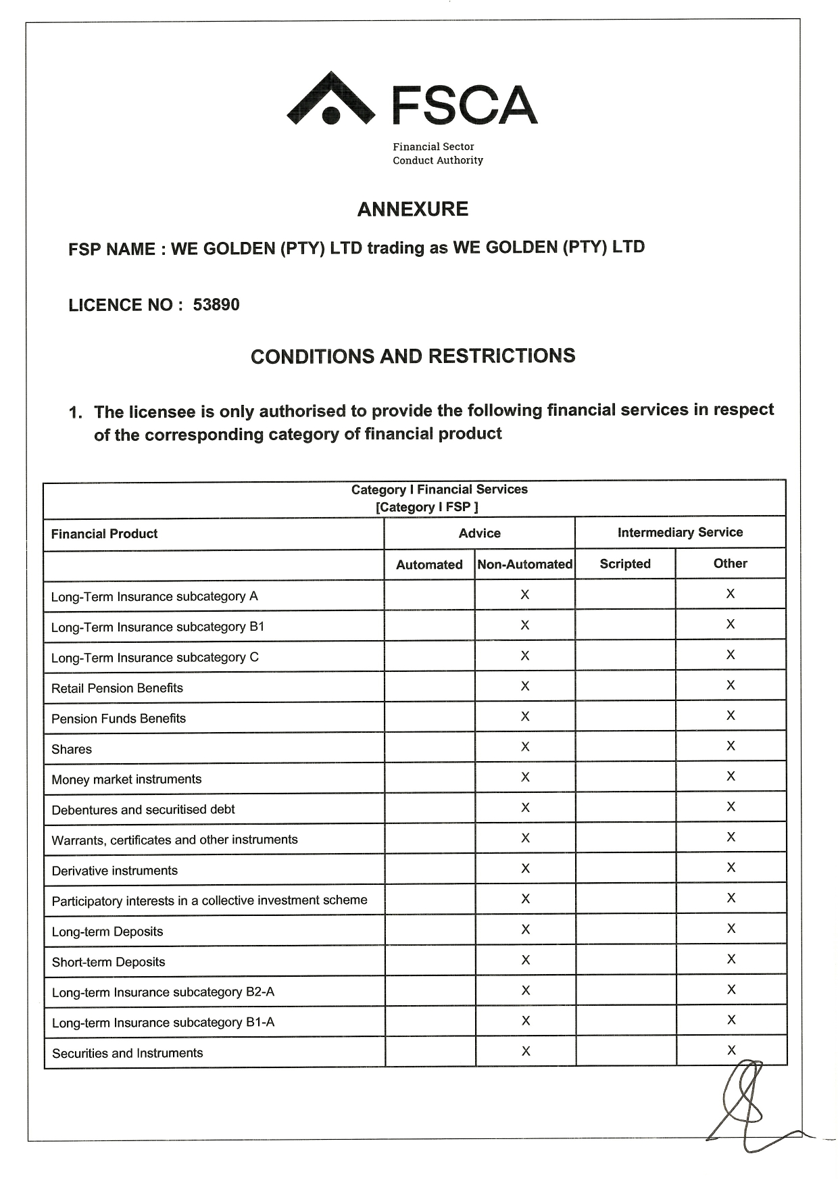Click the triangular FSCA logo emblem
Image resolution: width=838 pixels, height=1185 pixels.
click(x=330, y=100)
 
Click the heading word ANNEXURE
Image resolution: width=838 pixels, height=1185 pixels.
click(x=412, y=210)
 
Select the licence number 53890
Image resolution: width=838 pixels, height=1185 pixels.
click(x=216, y=305)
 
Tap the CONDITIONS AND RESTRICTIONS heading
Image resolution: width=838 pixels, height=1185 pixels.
click(x=412, y=356)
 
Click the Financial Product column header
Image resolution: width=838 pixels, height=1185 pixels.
click(x=104, y=534)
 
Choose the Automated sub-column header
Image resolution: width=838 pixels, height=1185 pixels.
click(x=429, y=564)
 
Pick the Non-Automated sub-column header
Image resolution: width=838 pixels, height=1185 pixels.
click(x=524, y=564)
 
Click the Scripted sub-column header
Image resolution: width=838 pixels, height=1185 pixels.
click(x=625, y=564)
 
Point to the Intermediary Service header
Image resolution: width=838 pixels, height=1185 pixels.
click(x=680, y=533)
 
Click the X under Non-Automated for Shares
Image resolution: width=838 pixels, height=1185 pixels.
click(x=525, y=747)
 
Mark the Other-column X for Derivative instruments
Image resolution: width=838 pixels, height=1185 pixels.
click(x=731, y=867)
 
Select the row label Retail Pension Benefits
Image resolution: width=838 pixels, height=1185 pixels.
click(x=117, y=688)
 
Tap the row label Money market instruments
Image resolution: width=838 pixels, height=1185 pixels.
click(x=126, y=779)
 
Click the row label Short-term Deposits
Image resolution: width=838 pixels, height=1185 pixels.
click(x=108, y=962)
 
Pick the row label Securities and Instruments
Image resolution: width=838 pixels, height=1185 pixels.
click(x=127, y=1053)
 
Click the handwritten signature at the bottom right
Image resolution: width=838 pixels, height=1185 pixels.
click(x=743, y=1105)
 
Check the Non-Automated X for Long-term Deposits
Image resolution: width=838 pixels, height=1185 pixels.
click(x=525, y=929)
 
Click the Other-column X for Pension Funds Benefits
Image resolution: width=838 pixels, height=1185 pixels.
click(x=731, y=715)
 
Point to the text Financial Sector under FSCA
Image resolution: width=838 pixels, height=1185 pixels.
click(x=433, y=147)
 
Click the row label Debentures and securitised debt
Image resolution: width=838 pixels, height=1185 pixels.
click(x=143, y=810)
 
